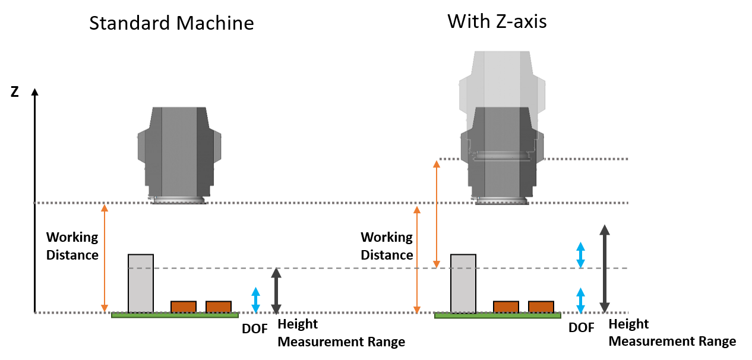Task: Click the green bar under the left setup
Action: (175, 315)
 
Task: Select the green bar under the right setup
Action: (497, 315)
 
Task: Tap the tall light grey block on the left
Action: (141, 283)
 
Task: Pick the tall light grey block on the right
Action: (463, 283)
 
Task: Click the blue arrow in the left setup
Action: (255, 300)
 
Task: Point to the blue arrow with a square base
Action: (580, 255)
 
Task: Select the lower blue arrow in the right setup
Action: (580, 301)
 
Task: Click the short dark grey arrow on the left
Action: (276, 291)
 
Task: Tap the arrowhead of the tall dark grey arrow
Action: (605, 230)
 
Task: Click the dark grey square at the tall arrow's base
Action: (605, 307)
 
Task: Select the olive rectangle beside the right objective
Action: (450, 180)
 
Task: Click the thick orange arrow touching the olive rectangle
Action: (436, 181)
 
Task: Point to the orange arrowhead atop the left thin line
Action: (105, 208)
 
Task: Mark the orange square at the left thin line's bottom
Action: (105, 308)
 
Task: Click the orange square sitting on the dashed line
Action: (437, 264)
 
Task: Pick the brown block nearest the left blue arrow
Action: (219, 307)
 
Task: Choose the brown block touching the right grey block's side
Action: (505, 307)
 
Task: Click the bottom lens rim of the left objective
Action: (179, 201)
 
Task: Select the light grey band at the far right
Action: (647, 181)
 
